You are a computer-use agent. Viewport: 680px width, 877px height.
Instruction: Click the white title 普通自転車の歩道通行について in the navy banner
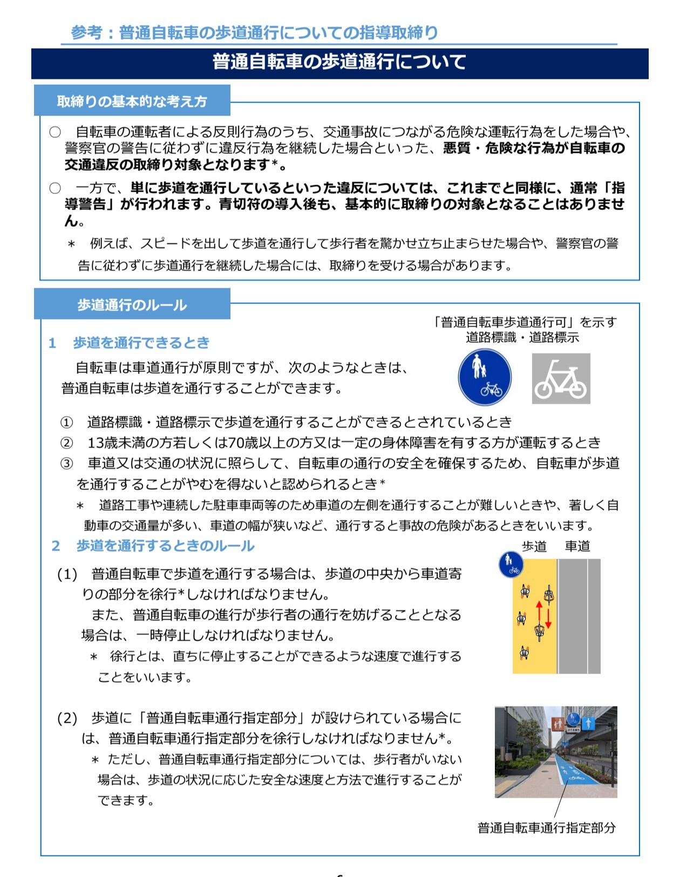339,62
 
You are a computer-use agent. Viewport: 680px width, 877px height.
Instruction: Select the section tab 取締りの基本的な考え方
132,101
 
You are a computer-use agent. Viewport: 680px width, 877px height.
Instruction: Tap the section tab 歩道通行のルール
132,305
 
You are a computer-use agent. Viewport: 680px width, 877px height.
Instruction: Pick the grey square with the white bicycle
561,379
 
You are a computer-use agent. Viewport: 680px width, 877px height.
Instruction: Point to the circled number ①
66,422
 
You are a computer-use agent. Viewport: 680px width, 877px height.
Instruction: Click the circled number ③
66,464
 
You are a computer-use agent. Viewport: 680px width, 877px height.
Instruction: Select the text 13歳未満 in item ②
110,443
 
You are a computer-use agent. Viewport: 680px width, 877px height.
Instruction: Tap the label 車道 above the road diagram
577,547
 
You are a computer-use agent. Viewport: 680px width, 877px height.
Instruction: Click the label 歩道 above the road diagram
534,547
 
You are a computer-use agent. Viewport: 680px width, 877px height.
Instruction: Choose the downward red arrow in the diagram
548,618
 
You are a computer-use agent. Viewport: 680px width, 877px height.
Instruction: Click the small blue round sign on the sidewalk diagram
511,565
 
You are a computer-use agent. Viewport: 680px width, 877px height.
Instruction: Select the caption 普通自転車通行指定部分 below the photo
546,828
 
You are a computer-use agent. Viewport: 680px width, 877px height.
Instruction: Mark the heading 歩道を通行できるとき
141,343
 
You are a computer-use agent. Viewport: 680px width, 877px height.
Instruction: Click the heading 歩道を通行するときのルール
165,546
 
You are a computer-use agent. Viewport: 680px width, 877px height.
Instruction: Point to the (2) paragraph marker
67,718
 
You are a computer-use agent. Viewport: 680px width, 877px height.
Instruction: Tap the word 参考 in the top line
86,32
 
